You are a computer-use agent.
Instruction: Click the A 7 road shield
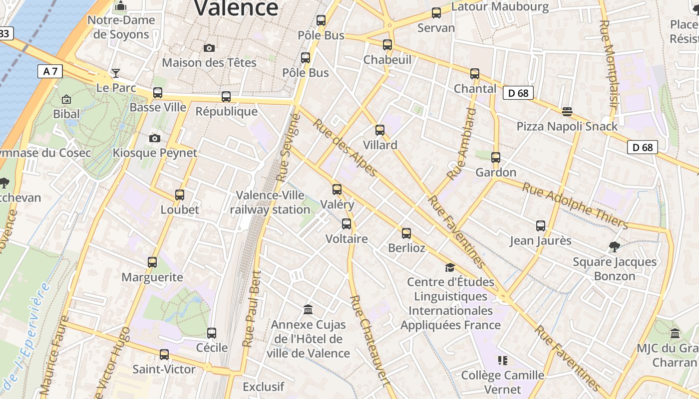[50, 71]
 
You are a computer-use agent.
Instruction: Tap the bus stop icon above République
[226, 97]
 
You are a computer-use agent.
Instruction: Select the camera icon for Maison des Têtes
[209, 48]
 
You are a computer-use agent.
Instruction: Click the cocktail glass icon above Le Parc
[116, 73]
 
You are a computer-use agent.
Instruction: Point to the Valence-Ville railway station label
[270, 202]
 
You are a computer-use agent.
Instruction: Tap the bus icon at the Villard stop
[380, 130]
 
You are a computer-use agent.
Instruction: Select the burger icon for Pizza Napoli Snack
[567, 111]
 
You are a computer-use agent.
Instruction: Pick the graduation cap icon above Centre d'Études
[450, 267]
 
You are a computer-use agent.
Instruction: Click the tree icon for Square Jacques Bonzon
[615, 246]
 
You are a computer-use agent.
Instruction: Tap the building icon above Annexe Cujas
[308, 310]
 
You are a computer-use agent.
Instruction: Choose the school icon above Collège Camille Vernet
[502, 360]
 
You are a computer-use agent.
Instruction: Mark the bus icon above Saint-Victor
[164, 355]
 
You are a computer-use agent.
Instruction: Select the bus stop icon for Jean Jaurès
[541, 226]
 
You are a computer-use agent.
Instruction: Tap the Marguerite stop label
[152, 277]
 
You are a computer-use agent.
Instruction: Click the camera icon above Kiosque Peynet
[155, 138]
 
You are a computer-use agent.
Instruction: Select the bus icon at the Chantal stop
[475, 74]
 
